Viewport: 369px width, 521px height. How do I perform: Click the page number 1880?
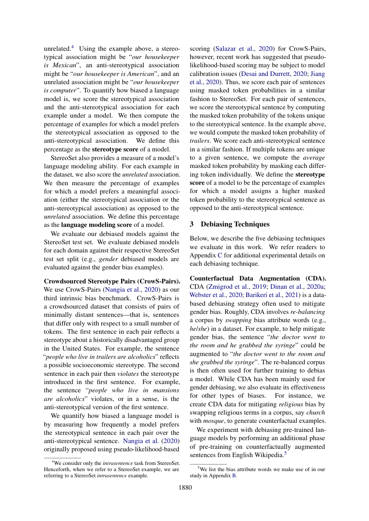pos(185,488)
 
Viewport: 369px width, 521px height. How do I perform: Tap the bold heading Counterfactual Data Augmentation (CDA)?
pos(257,278)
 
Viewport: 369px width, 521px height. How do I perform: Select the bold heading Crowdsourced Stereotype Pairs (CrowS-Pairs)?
pos(112,281)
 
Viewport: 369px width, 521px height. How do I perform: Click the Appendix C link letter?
pos(219,255)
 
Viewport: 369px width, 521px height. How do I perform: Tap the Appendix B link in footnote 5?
pos(234,475)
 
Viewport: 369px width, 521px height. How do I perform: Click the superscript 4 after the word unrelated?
pos(72,47)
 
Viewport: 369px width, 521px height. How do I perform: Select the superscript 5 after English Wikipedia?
pos(285,453)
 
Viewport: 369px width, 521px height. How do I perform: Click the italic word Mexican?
pos(64,65)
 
